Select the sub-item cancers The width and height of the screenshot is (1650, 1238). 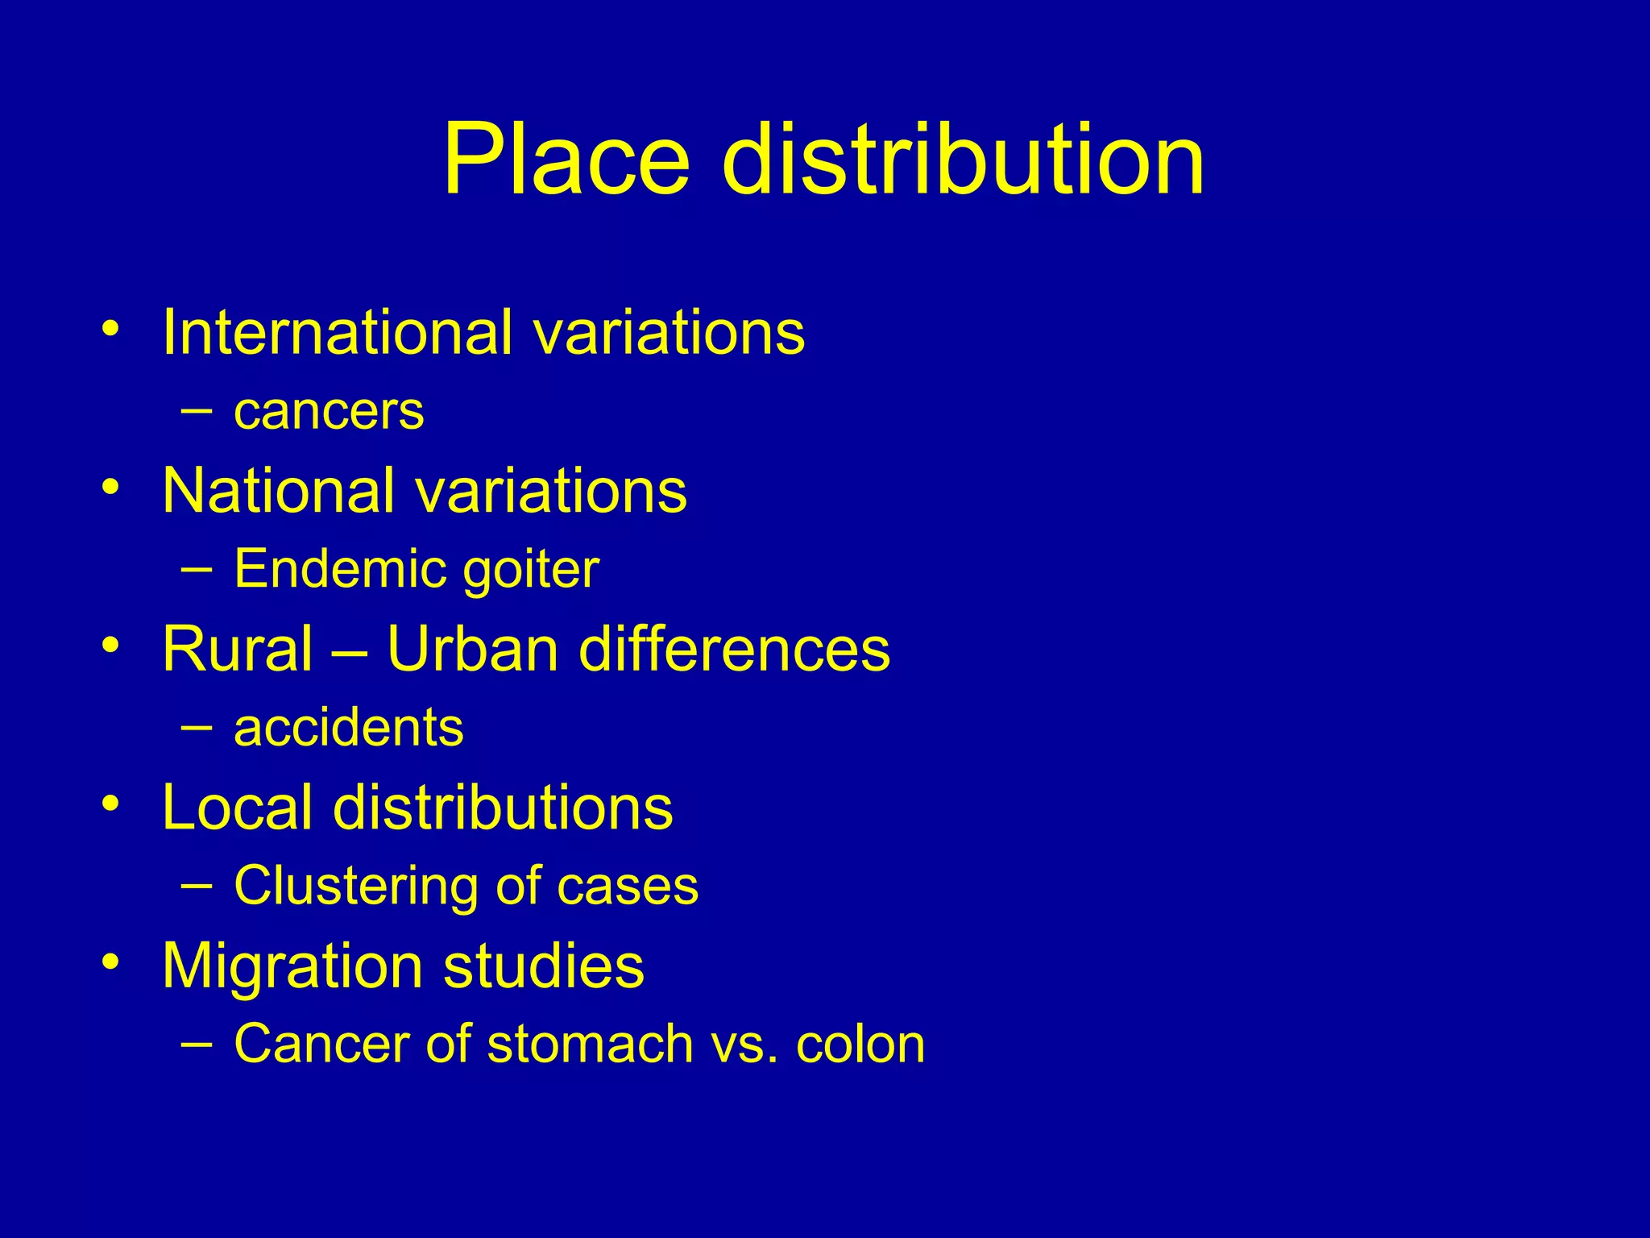point(329,412)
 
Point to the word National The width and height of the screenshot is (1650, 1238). point(277,490)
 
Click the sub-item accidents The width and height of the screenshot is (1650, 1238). point(348,728)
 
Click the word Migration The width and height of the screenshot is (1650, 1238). point(292,966)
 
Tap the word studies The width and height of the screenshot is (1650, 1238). point(544,966)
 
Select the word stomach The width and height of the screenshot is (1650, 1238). point(590,1045)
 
